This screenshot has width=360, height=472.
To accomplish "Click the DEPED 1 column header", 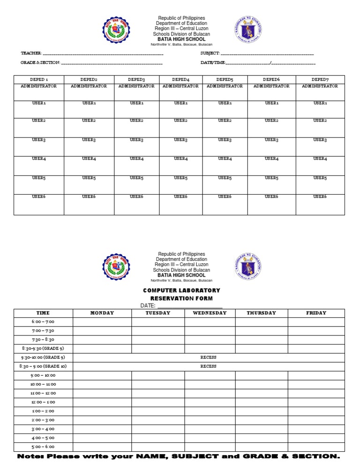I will (x=39, y=80).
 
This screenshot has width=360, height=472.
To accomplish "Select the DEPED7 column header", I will (x=320, y=80).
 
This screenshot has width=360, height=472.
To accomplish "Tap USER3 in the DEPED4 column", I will (x=180, y=140).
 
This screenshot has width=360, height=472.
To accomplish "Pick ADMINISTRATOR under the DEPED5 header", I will (x=225, y=86).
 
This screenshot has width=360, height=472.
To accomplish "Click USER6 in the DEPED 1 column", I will (x=39, y=197).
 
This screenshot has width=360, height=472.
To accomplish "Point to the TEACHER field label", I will (x=31, y=53).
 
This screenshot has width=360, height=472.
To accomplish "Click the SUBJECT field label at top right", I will (x=210, y=53).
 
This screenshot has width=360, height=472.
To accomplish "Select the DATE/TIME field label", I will (x=213, y=62).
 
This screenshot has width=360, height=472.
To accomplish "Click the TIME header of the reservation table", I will (x=43, y=313).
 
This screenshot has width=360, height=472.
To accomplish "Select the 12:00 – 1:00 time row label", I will (x=43, y=402).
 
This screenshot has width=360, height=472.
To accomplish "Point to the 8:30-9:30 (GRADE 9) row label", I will (x=43, y=349).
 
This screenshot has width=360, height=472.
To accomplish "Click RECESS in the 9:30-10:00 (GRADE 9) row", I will (x=208, y=358).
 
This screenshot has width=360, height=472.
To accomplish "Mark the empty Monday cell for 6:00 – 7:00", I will (x=102, y=322).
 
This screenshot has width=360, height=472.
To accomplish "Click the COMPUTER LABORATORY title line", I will (x=181, y=290).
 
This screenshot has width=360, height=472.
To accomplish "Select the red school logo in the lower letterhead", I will (x=117, y=266).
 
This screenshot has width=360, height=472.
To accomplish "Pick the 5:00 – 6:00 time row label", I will (x=43, y=447).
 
